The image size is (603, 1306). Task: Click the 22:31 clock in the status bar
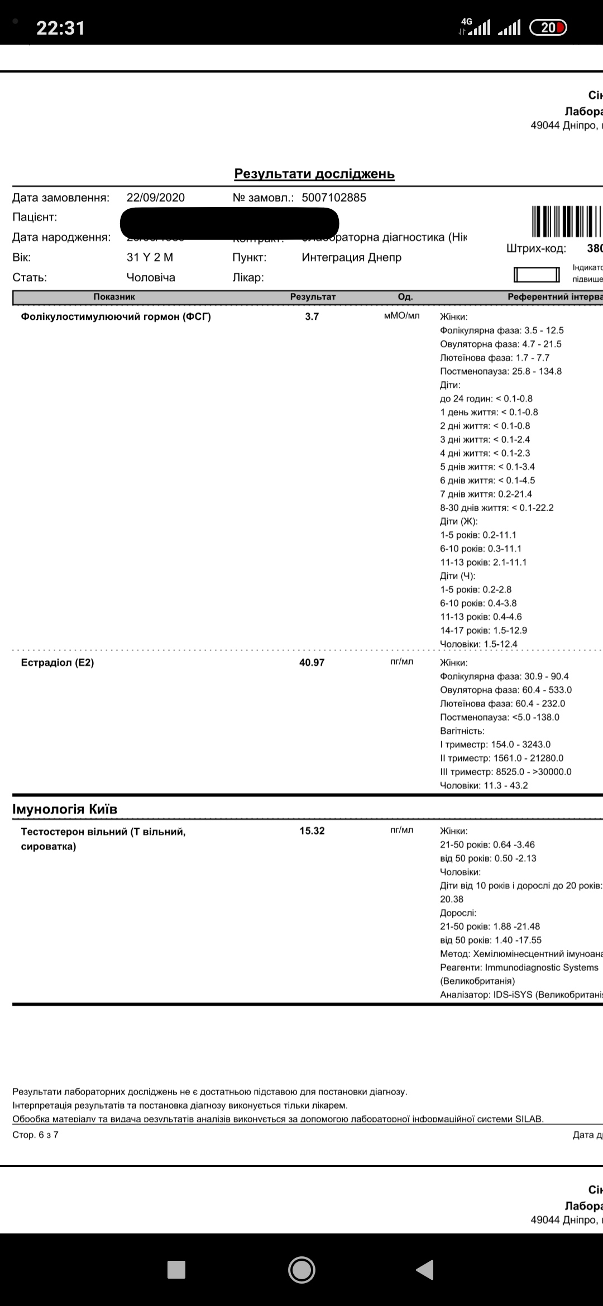(x=60, y=28)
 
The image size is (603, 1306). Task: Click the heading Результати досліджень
(x=314, y=174)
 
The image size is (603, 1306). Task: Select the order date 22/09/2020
(x=156, y=198)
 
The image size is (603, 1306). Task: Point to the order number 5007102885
(x=334, y=198)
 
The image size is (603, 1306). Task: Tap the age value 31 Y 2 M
(x=150, y=257)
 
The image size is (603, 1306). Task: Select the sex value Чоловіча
(x=151, y=277)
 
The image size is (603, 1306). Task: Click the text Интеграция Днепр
(x=352, y=257)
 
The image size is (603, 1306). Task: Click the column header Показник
(x=114, y=297)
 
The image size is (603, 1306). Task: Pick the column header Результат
(x=313, y=297)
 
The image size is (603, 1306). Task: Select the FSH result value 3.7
(x=312, y=316)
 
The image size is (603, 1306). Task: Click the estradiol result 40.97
(x=312, y=662)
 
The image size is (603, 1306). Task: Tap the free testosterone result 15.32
(x=312, y=830)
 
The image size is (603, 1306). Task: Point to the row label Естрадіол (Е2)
(x=57, y=662)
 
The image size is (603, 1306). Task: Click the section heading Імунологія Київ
(x=65, y=809)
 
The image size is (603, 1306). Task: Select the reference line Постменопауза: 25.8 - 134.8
(x=501, y=371)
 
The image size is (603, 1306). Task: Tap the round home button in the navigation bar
(x=301, y=1270)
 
